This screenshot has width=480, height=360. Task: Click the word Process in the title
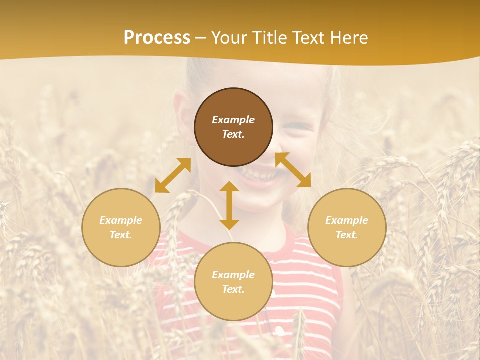click(x=157, y=38)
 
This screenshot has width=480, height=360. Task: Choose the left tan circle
click(x=121, y=227)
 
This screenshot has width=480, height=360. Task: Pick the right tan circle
click(x=347, y=227)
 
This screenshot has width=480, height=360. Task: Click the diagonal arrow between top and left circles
click(x=173, y=175)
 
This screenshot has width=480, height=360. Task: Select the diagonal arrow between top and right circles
click(x=293, y=170)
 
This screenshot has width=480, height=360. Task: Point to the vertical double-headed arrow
click(x=229, y=205)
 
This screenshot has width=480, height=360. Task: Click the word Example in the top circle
click(x=233, y=120)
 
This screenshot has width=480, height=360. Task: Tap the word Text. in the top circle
click(x=233, y=134)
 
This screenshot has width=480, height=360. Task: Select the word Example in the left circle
click(x=121, y=220)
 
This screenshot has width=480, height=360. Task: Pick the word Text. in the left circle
click(x=121, y=235)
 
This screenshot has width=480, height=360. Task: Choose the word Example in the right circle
click(x=347, y=220)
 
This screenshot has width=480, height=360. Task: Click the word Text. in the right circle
click(x=347, y=235)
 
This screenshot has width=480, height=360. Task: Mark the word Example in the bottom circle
click(x=233, y=275)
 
